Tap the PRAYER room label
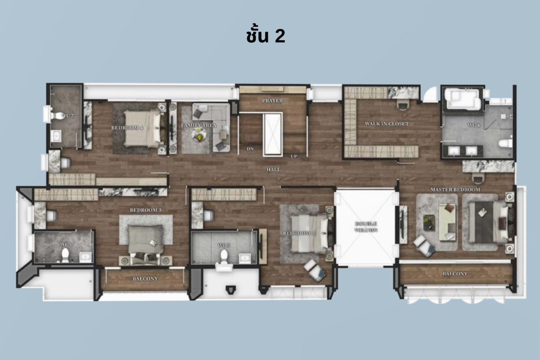click(x=272, y=100)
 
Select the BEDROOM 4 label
click(x=127, y=128)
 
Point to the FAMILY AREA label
click(x=196, y=125)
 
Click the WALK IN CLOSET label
click(x=387, y=124)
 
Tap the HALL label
click(x=273, y=170)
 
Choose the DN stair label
click(x=250, y=149)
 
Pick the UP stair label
click(x=294, y=156)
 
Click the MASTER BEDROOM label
click(x=455, y=189)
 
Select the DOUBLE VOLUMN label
click(x=366, y=227)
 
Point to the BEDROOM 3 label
click(x=146, y=210)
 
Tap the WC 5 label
click(x=224, y=245)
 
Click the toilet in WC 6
click(x=65, y=255)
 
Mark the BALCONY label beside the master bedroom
click(x=455, y=274)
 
